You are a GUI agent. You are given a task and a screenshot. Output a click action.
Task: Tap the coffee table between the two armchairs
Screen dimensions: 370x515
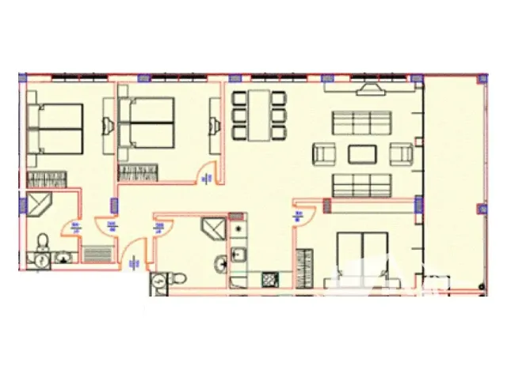(364, 153)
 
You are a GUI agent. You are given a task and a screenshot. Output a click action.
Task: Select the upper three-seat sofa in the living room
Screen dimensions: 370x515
(363, 123)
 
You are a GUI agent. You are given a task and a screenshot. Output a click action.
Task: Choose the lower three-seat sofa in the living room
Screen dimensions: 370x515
(363, 185)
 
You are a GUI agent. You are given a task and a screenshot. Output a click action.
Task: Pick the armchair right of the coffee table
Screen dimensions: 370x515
(402, 153)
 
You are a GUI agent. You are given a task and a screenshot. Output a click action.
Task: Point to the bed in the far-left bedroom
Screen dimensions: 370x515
(55, 128)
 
